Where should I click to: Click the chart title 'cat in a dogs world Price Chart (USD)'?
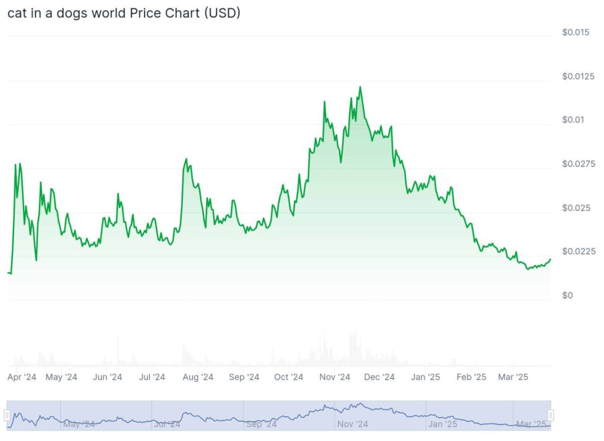pos(124,13)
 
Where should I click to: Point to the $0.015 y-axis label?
pos(575,32)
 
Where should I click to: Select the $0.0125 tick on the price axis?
pos(578,76)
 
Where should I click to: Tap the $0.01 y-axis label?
pos(573,120)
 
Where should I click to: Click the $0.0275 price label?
pos(578,164)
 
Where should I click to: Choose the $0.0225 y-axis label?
pos(578,251)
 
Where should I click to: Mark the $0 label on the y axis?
pos(567,295)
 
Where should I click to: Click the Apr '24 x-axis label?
pos(22,377)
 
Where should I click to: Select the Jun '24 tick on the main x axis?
pos(107,377)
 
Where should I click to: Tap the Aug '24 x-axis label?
pos(198,377)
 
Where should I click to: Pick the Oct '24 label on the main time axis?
pos(289,377)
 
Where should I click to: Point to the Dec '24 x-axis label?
pos(380,377)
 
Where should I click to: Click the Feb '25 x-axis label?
pos(472,377)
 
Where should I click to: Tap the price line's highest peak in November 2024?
pos(360,87)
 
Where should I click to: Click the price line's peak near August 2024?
pos(186,159)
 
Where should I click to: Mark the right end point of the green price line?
pos(550,259)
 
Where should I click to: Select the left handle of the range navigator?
pos(7,415)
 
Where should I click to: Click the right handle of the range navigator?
pos(551,415)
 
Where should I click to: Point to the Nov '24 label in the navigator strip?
pos(353,424)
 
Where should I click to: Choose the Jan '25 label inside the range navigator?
pos(443,424)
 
